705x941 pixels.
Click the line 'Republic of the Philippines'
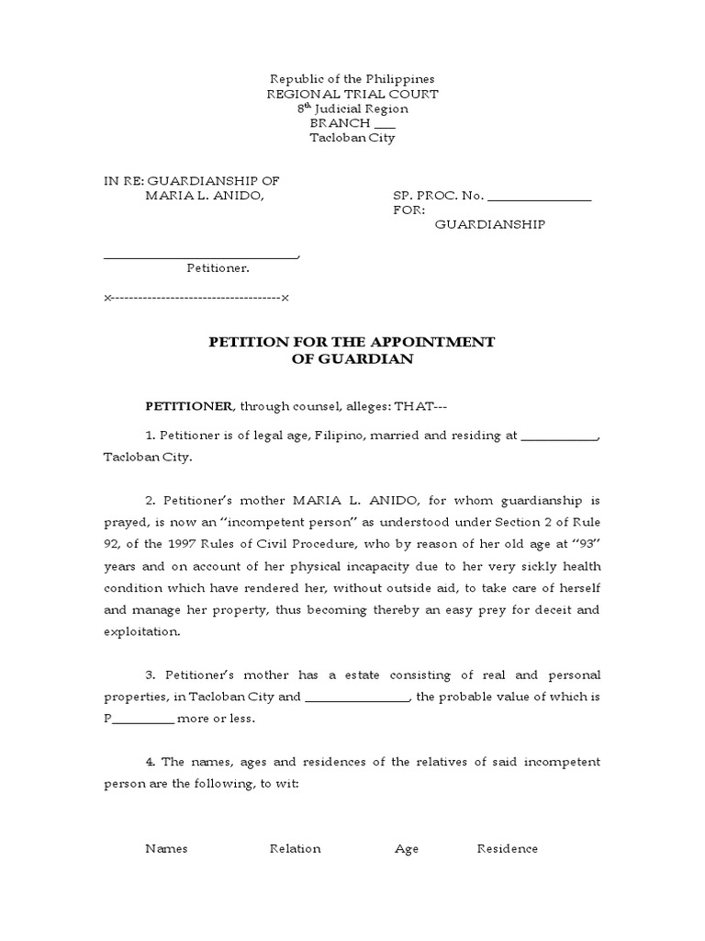(x=352, y=79)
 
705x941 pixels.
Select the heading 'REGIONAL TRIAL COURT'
(x=352, y=94)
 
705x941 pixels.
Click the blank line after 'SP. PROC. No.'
(x=539, y=198)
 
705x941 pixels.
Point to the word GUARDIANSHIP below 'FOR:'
(x=489, y=224)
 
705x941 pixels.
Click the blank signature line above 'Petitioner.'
(x=201, y=257)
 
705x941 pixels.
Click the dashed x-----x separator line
(x=197, y=299)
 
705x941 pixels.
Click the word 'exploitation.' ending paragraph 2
(x=143, y=632)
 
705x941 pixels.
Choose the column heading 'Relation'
(x=295, y=848)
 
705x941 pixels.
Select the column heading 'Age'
(x=407, y=848)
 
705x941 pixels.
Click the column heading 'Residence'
(x=507, y=848)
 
